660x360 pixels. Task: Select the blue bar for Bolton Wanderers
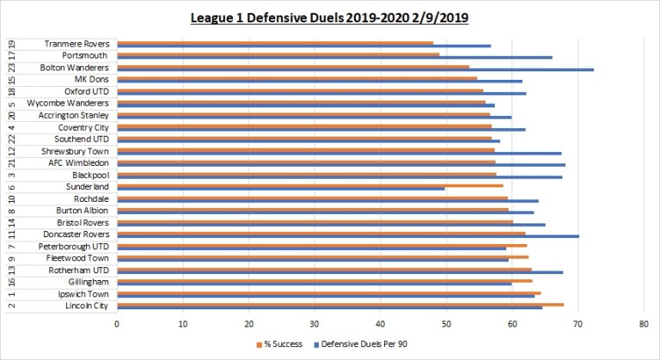click(x=355, y=70)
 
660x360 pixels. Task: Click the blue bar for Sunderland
click(x=281, y=188)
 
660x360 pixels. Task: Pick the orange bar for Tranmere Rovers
click(x=275, y=42)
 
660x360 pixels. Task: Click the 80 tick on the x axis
click(x=644, y=324)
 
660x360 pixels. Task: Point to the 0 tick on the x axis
click(x=117, y=324)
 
